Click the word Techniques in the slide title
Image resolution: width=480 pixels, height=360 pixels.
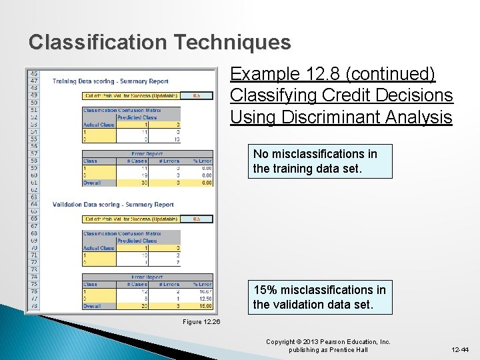click(233, 43)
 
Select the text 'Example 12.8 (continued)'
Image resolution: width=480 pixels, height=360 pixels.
click(333, 73)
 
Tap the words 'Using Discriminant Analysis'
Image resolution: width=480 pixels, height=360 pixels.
click(341, 117)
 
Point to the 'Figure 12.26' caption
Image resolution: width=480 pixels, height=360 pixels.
click(201, 322)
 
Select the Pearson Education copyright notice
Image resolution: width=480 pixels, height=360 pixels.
click(328, 345)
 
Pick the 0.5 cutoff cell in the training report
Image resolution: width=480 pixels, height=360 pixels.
click(197, 95)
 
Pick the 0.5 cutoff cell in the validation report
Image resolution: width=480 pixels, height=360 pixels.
click(197, 219)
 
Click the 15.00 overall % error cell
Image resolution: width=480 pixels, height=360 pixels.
click(203, 305)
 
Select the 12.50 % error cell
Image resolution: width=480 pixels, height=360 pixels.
click(203, 298)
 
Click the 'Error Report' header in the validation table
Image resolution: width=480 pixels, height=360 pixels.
click(147, 277)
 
